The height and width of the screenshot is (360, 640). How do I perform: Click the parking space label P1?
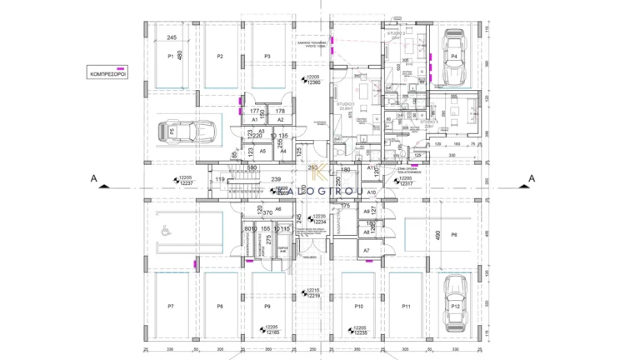[x=170, y=57]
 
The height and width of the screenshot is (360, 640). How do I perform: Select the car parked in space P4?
[x=454, y=57]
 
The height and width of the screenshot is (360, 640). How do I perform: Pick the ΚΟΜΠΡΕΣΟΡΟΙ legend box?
[x=107, y=73]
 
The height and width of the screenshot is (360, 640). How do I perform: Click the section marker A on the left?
[x=95, y=177]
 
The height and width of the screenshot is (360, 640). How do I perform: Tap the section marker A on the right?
[x=532, y=177]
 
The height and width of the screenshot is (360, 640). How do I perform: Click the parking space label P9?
[x=267, y=307]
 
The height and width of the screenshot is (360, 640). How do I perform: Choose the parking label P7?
[x=170, y=307]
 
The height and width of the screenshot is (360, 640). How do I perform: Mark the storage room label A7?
[x=367, y=250]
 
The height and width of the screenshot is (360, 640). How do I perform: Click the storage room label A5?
[x=262, y=151]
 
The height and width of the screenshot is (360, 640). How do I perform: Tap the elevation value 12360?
[x=314, y=82]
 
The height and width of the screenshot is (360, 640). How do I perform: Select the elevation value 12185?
[x=272, y=332]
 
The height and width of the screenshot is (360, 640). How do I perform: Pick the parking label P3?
[x=267, y=57]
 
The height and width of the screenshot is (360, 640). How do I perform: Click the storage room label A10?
[x=372, y=192]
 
